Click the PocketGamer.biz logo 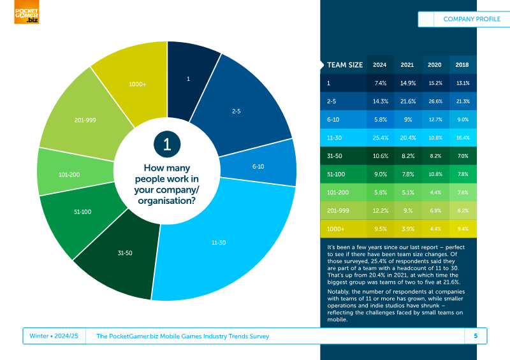point(27,12)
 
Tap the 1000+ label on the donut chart point(138,84)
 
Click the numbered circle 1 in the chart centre point(167,144)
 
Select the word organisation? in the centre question point(166,201)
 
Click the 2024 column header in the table point(379,65)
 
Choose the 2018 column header point(462,65)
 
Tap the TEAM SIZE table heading point(345,65)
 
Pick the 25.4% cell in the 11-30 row point(381,138)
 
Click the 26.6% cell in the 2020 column point(435,101)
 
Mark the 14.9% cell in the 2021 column point(408,83)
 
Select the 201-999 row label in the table point(338,211)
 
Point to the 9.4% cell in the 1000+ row point(463,229)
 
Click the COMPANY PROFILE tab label point(472,19)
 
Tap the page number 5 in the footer point(476,336)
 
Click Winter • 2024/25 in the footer point(54,336)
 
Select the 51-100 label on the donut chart point(83,212)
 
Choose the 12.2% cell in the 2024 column point(381,211)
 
